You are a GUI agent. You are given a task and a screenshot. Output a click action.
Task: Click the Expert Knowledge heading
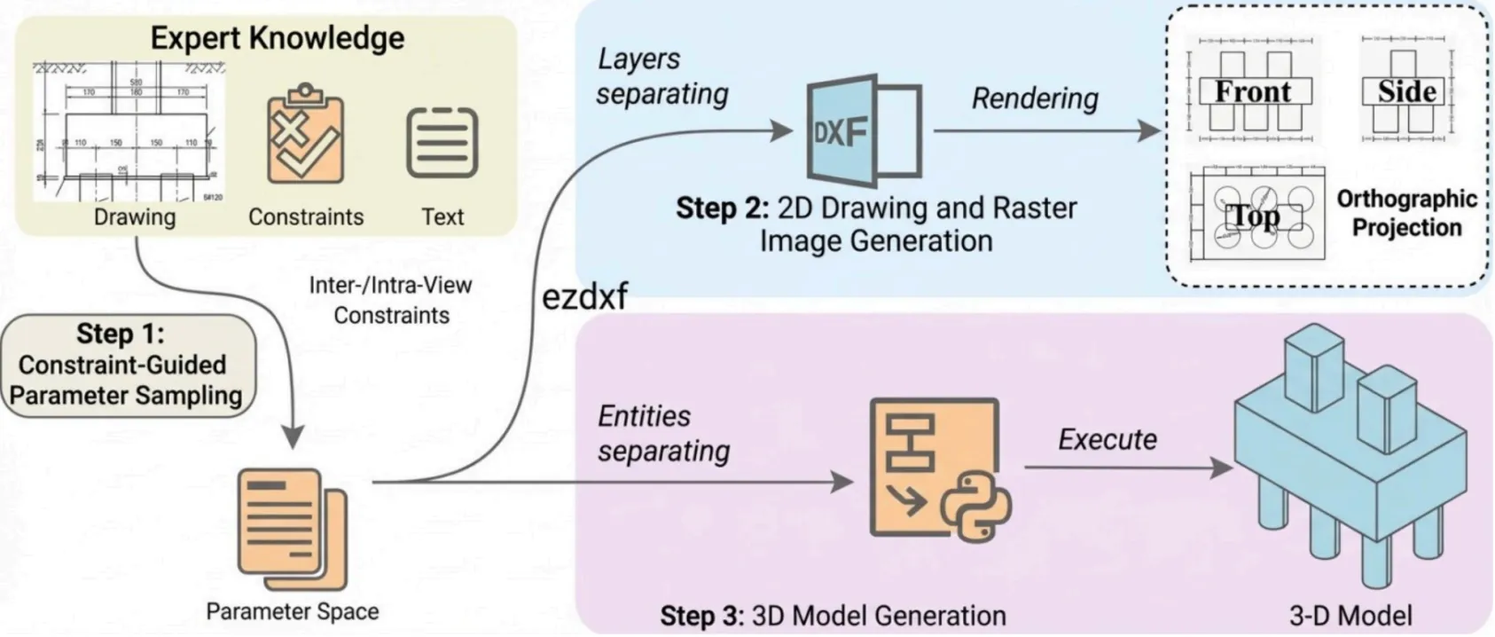[x=277, y=38]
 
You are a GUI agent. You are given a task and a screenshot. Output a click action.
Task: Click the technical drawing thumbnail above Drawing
[x=129, y=131]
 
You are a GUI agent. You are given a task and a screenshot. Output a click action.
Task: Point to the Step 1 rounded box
[x=127, y=365]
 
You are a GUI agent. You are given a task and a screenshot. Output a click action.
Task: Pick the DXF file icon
[x=863, y=130]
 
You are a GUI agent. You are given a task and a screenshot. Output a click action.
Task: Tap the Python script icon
[x=940, y=470]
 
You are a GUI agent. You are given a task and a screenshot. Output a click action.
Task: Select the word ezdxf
[x=584, y=295]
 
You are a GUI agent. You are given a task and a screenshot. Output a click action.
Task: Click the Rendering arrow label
[x=1035, y=98]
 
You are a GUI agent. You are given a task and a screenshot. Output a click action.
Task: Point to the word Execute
[x=1108, y=439]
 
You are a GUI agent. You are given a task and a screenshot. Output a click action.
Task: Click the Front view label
[x=1252, y=91]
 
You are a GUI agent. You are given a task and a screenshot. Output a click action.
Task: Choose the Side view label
[x=1406, y=91]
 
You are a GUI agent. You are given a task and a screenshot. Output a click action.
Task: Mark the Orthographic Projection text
[x=1406, y=213]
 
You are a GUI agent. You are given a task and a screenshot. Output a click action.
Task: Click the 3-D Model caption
[x=1350, y=615]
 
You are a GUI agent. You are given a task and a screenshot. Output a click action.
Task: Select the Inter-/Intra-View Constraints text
[x=391, y=300]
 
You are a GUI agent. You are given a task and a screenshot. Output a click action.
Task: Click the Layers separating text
[x=661, y=76]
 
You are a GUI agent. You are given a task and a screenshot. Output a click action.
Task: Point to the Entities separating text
[x=663, y=433]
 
